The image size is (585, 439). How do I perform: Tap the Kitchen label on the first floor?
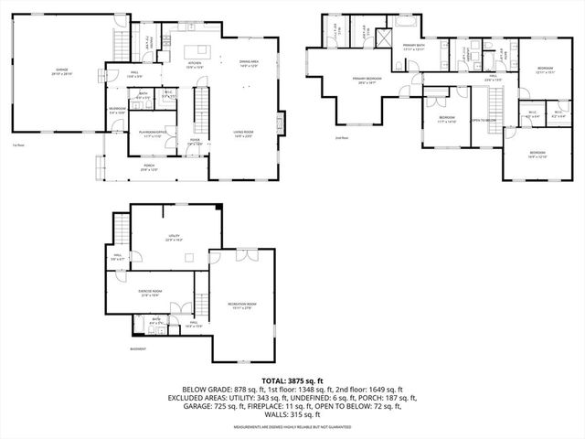click(195, 65)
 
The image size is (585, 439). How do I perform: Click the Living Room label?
click(241, 134)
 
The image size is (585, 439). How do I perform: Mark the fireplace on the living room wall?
click(281, 125)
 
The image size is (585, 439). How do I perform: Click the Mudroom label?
click(117, 111)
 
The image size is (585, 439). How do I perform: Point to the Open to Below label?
click(483, 120)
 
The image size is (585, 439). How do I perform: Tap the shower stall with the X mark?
click(383, 36)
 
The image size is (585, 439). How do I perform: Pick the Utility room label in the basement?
click(174, 238)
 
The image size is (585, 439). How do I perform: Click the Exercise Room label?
click(150, 294)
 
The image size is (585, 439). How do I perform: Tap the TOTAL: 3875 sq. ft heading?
click(292, 379)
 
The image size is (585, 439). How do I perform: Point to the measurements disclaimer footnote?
click(292, 427)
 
